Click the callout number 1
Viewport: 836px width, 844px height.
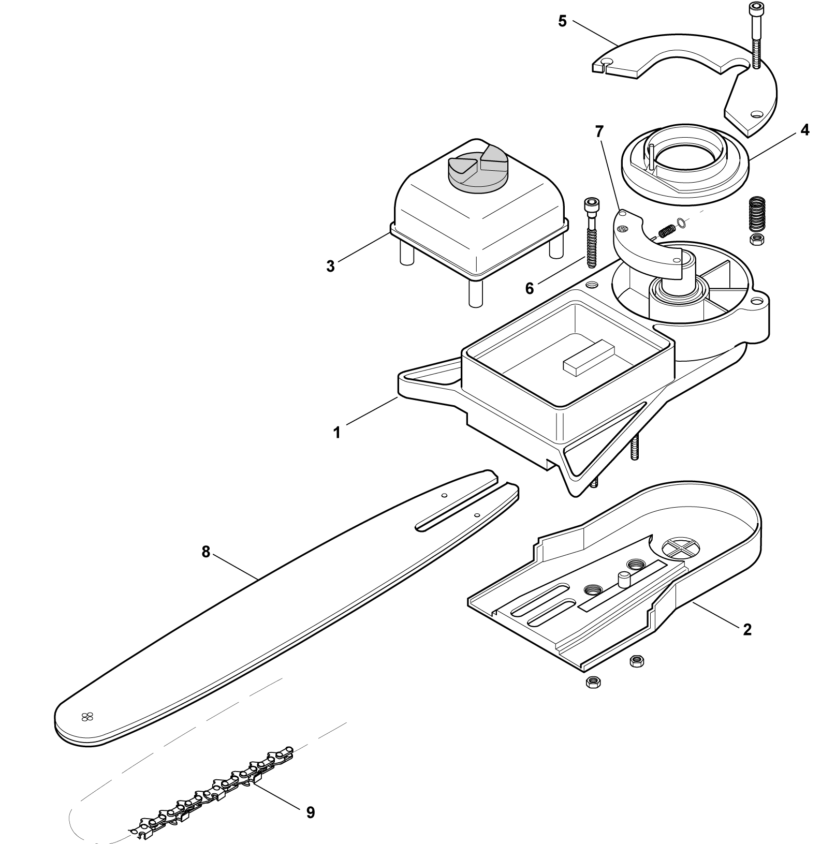click(337, 433)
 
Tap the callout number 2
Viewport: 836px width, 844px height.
click(747, 630)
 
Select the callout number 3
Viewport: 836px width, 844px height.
click(330, 266)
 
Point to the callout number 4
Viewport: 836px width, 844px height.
click(804, 130)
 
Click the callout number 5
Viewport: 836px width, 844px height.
click(563, 22)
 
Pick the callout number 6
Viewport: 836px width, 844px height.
click(529, 289)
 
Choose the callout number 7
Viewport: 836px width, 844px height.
click(599, 132)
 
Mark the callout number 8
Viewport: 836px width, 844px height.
click(206, 553)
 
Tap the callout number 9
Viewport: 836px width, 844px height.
click(310, 813)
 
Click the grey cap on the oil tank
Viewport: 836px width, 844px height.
click(115, 171)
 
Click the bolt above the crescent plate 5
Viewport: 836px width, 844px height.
click(755, 35)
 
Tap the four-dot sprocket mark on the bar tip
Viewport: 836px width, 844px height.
click(86, 717)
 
